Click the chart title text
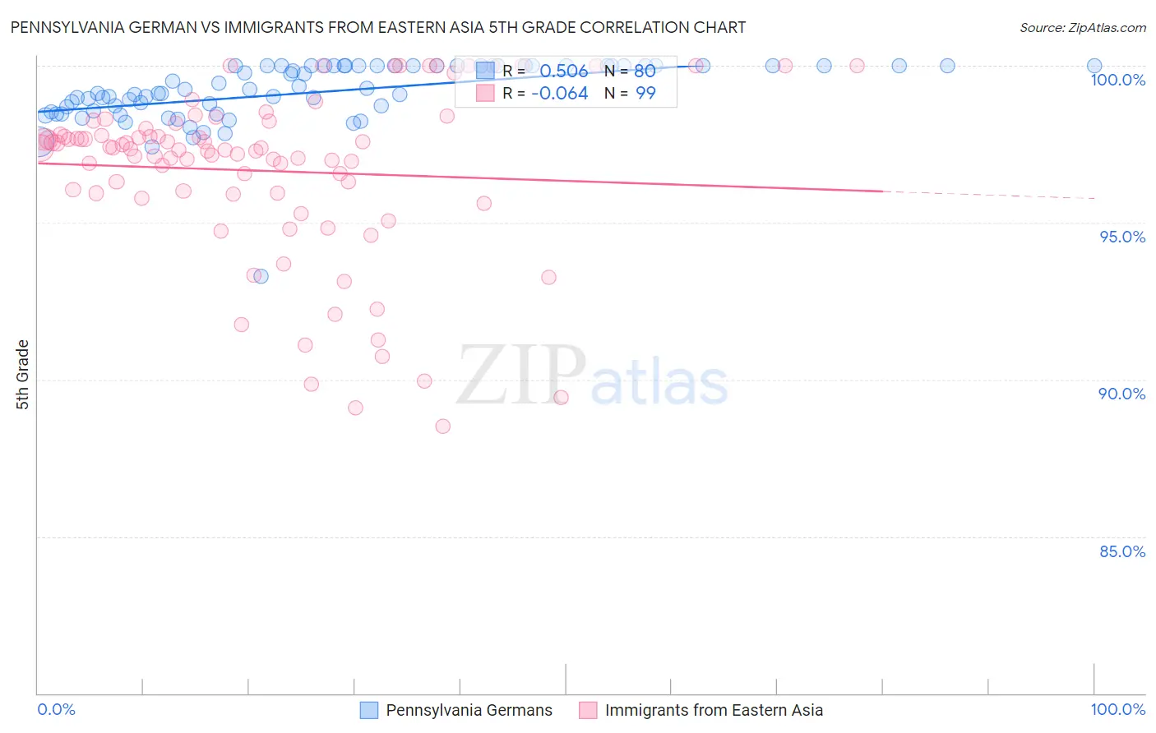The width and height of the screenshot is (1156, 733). (378, 27)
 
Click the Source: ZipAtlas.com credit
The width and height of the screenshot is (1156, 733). (1082, 27)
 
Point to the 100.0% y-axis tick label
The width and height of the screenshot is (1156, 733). (1117, 80)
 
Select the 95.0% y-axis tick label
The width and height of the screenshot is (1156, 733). (1122, 237)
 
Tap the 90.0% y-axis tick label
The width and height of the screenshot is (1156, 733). (1122, 394)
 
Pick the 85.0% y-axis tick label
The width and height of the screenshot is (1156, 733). (1122, 551)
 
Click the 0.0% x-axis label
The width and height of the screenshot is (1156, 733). (56, 709)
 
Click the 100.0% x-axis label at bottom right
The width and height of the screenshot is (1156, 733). (1117, 709)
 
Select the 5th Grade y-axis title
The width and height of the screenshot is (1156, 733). (23, 375)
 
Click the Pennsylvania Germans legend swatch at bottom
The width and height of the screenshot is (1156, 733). (369, 710)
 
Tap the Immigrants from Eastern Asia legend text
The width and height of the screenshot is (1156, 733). (714, 710)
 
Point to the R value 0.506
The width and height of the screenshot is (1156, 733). (563, 71)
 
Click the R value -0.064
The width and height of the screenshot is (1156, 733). (559, 94)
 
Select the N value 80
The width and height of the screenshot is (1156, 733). (645, 71)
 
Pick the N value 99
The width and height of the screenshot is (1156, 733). (645, 94)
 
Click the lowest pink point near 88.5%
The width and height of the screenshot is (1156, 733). (442, 426)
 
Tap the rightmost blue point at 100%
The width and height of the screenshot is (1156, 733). (1094, 66)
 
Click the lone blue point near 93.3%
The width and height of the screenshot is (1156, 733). (261, 276)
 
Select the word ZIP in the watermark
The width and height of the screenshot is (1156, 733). (520, 376)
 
